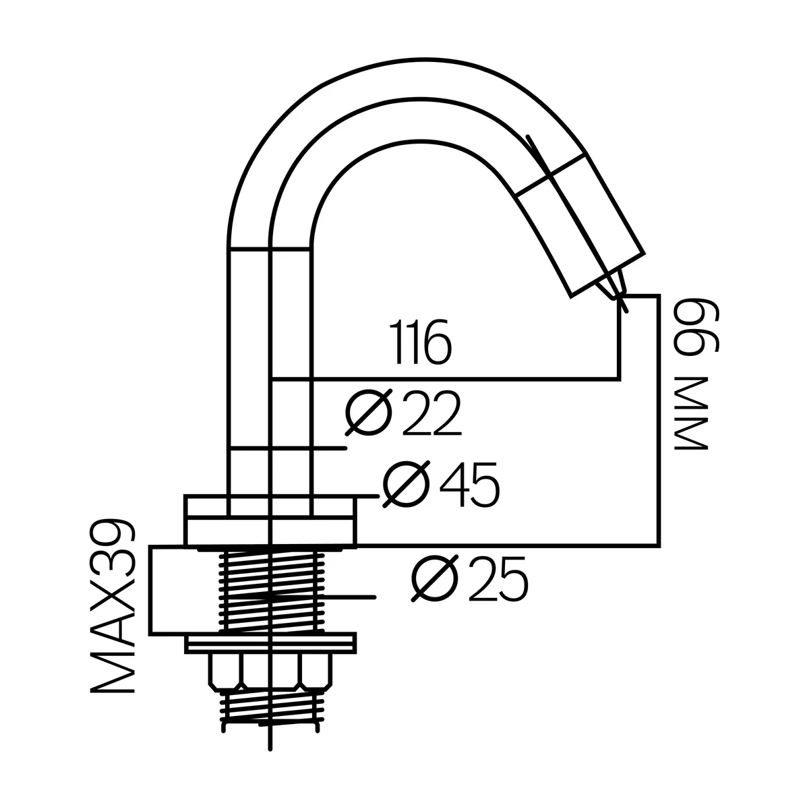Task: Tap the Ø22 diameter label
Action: click(x=402, y=413)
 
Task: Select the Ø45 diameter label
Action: click(x=441, y=485)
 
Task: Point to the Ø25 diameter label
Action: click(x=469, y=579)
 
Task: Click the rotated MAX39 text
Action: click(x=113, y=606)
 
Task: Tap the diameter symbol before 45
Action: click(x=407, y=485)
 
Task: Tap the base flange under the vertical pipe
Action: click(x=270, y=520)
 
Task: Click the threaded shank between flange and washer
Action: click(x=270, y=590)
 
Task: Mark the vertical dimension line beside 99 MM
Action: click(x=658, y=418)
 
